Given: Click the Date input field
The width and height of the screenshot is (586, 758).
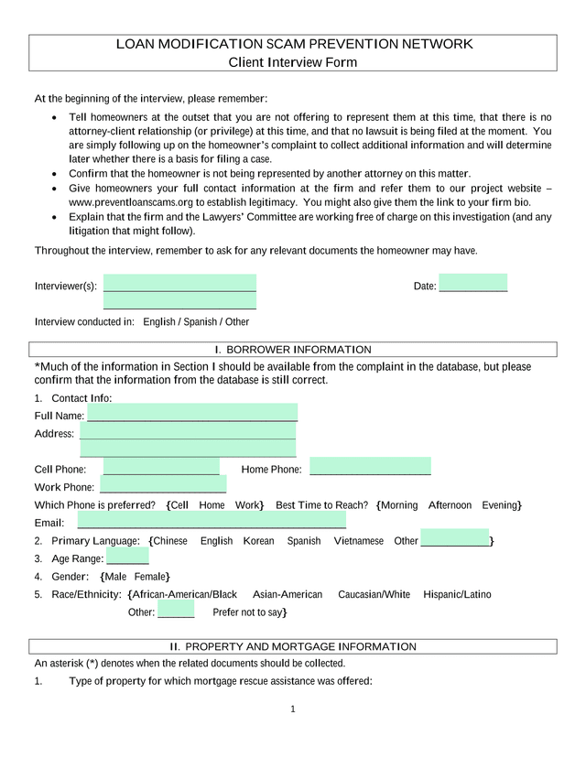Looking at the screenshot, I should [x=472, y=284].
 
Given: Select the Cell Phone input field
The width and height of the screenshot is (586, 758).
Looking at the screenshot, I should [x=161, y=467].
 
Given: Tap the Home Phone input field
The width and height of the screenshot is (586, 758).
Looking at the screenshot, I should [x=370, y=467].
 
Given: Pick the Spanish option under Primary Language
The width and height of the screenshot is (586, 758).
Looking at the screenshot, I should [x=304, y=541].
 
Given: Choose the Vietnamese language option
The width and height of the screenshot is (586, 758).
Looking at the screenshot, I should [x=358, y=541].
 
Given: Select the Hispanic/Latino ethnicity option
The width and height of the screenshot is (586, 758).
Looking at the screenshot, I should [x=457, y=595].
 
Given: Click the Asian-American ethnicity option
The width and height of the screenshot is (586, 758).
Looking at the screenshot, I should [x=288, y=595].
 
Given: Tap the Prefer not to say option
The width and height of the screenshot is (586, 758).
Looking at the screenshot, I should [x=248, y=612].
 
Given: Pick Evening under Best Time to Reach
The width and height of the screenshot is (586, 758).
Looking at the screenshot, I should [x=500, y=505].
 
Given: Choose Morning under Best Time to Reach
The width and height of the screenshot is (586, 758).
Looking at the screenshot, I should [x=399, y=505].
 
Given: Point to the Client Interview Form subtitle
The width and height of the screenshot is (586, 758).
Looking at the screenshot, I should [x=292, y=62].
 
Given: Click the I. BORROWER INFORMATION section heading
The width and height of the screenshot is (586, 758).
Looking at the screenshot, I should [x=292, y=350].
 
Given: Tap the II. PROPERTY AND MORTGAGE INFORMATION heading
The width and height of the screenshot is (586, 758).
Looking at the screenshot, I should [x=292, y=646].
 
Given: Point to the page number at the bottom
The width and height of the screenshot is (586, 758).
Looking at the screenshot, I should [x=292, y=709].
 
